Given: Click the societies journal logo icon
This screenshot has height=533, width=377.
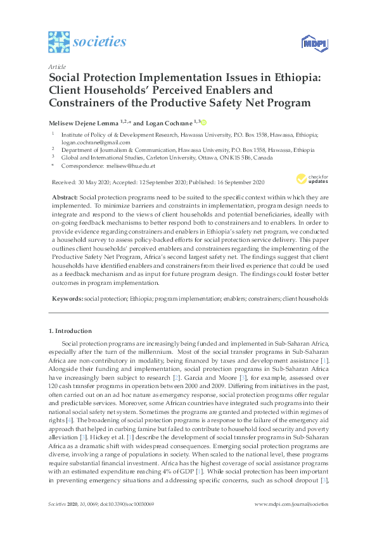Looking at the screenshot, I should (x=58, y=42).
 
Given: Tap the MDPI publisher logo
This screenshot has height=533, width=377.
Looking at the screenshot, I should (x=314, y=43).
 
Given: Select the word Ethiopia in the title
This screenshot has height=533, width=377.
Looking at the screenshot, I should (x=293, y=78).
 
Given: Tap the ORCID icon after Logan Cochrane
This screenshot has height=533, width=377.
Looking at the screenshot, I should (x=204, y=122).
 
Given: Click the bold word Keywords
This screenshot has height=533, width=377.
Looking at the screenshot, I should (x=67, y=298).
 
